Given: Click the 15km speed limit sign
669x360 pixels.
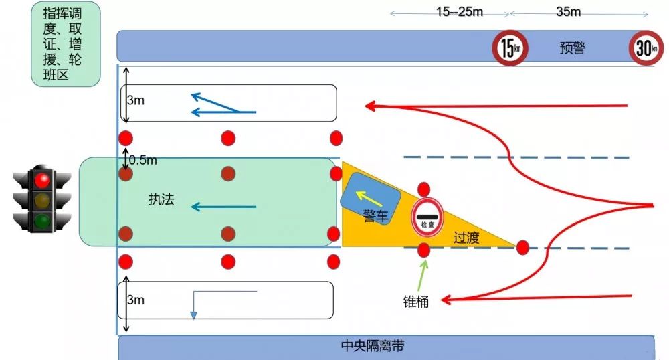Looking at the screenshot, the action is point(510,49).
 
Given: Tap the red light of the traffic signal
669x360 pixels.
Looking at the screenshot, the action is point(43,179).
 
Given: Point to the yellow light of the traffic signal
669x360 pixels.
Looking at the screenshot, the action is point(43,200).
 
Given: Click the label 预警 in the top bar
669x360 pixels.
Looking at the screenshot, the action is point(573,48).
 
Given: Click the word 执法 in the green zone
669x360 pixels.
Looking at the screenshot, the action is point(161,199).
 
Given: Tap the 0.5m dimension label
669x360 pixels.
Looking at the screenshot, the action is point(143,160).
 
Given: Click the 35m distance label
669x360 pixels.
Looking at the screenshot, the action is point(568,11).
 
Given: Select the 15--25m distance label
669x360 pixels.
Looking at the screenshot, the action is point(459,11).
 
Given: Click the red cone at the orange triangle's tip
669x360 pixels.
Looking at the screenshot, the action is point(522,248).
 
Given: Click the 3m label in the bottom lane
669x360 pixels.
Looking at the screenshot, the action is point(135,300).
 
